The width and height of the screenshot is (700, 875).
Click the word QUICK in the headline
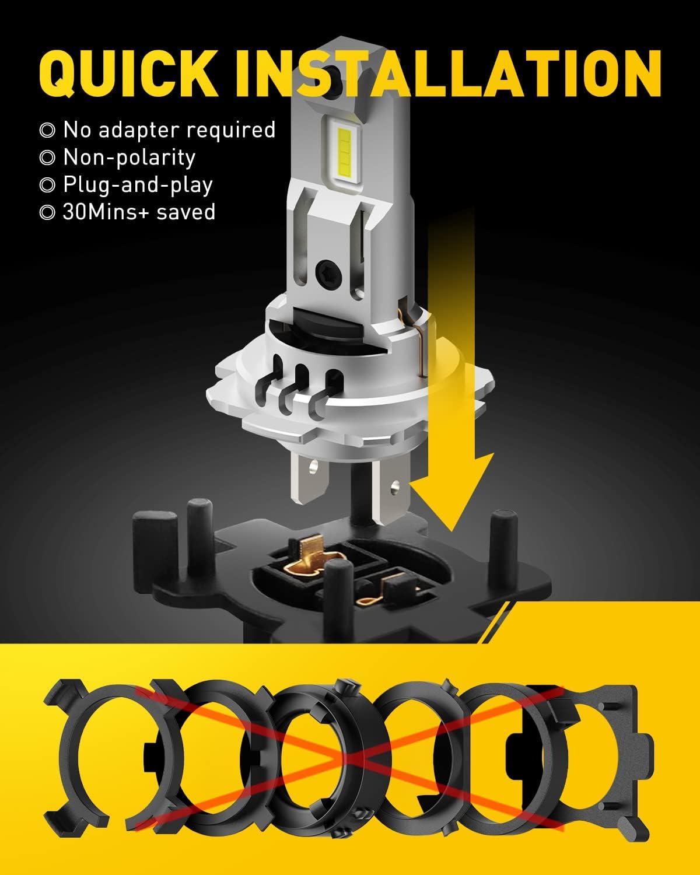pyautogui.click(x=128, y=75)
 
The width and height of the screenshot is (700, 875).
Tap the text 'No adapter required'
pyautogui.click(x=169, y=130)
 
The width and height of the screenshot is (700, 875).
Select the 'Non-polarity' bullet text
pyautogui.click(x=129, y=157)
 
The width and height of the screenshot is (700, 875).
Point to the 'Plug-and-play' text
pyautogui.click(x=138, y=185)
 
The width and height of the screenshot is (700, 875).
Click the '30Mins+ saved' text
pyautogui.click(x=139, y=212)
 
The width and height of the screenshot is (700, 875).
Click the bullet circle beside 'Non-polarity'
pyautogui.click(x=47, y=157)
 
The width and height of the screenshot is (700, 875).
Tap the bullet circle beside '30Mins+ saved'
pyautogui.click(x=47, y=212)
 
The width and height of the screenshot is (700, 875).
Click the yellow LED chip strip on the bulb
pyautogui.click(x=343, y=153)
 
